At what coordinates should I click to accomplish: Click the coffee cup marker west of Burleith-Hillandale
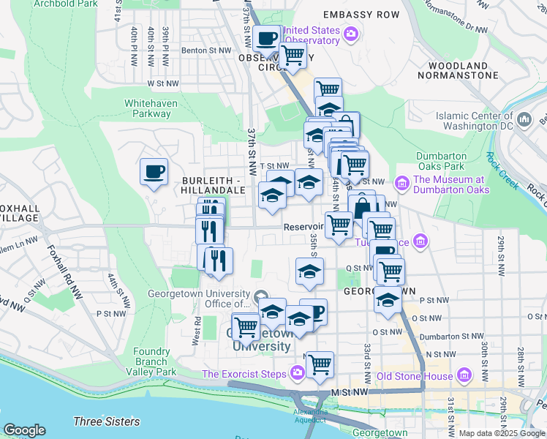pos(154,172)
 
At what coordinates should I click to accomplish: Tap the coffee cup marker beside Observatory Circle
pos(266,39)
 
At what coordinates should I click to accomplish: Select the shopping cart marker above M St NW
pos(320,364)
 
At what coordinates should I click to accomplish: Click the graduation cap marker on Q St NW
pos(309,271)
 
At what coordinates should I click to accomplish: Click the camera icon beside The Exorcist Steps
pos(297,374)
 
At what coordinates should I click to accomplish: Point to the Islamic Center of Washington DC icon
pos(524,119)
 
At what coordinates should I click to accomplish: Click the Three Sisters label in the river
pos(106,421)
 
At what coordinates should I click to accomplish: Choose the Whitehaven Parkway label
pos(151,108)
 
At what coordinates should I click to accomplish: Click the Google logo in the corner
pos(24,429)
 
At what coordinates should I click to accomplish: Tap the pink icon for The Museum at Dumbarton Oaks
pos(401,181)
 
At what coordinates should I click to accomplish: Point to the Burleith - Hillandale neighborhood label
pos(214,184)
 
